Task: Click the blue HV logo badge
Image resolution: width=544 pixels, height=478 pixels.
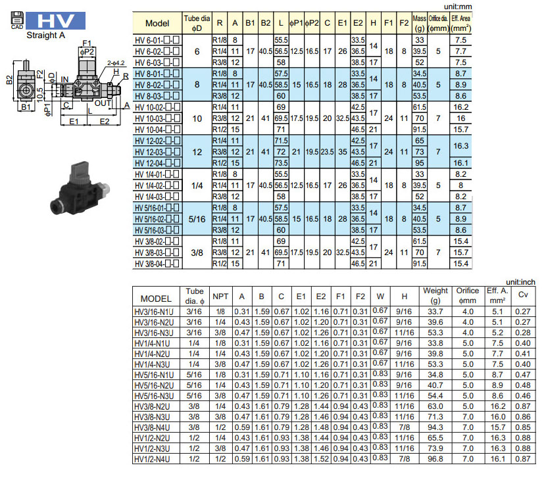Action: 55,21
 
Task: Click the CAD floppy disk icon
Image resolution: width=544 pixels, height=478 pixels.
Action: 17,20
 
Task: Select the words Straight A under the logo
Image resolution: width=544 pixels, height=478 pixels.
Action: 46,36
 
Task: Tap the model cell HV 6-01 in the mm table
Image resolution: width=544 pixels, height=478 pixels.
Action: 157,40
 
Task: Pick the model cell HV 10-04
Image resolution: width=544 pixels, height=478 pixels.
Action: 157,130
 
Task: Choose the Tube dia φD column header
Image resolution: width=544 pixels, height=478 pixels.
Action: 197,23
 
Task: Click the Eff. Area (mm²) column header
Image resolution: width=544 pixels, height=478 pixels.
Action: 460,23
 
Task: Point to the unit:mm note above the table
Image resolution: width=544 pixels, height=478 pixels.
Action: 458,7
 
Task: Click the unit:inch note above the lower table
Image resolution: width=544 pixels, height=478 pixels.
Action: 520,282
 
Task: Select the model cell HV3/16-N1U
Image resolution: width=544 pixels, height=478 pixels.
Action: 154,312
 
